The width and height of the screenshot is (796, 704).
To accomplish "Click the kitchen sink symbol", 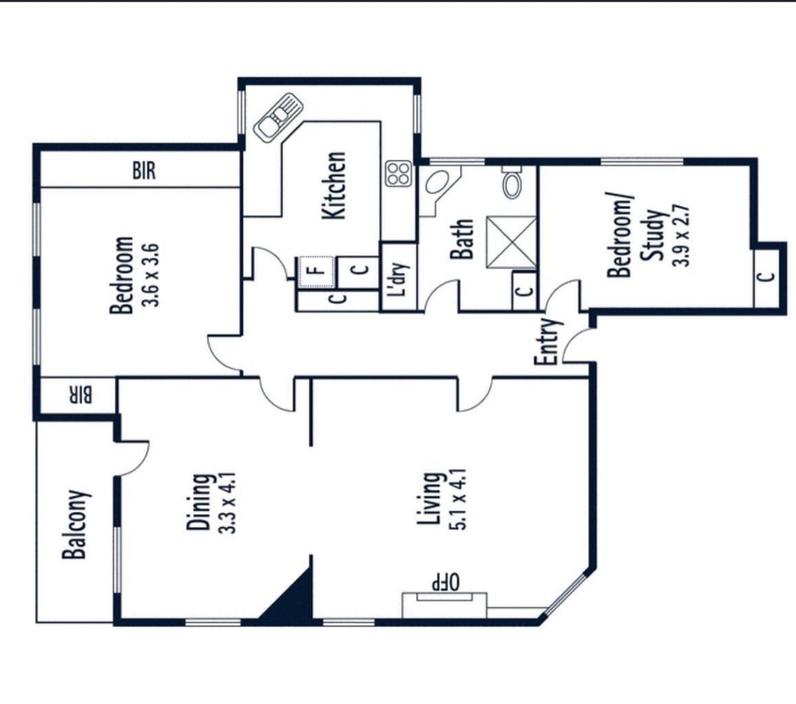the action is point(278,116).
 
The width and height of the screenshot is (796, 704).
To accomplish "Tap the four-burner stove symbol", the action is point(398,173).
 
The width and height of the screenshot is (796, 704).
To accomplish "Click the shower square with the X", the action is point(512,242).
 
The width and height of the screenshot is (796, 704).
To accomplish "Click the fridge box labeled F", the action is point(316,272).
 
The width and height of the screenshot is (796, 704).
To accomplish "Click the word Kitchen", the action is point(335,186).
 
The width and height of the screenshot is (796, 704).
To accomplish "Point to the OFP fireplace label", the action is point(445,581).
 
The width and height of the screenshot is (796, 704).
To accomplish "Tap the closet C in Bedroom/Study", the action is point(767,278).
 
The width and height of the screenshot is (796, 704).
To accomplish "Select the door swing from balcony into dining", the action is point(133,459).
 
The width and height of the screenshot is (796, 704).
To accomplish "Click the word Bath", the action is point(463,239).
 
